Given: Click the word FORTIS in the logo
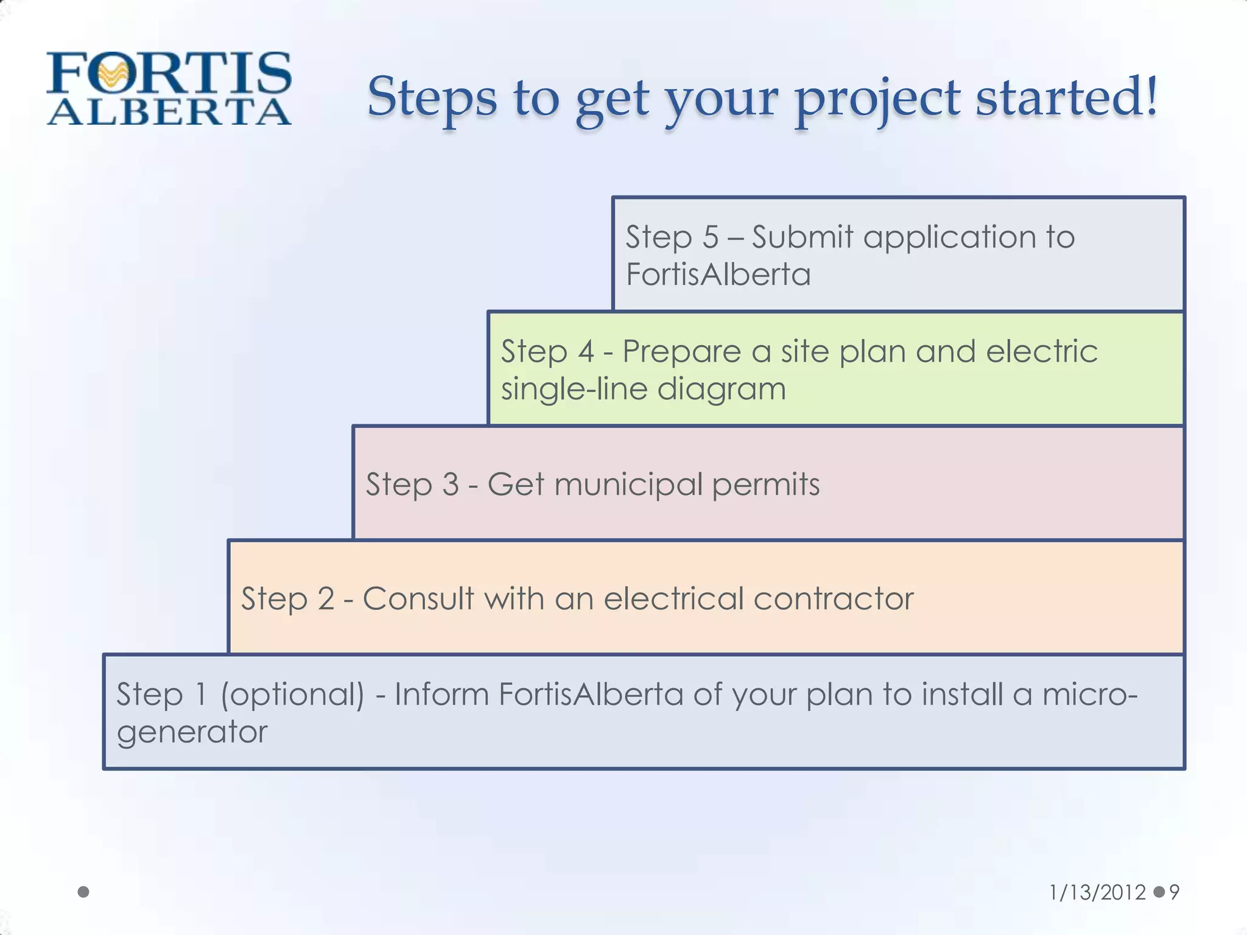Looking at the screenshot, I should tap(169, 73).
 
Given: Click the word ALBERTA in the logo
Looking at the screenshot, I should tap(169, 113).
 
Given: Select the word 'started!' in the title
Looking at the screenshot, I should tap(1066, 97).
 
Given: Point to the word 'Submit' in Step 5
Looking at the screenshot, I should tap(802, 237).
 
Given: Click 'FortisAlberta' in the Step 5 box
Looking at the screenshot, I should tap(718, 274).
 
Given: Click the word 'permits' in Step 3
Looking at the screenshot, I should tap(765, 485).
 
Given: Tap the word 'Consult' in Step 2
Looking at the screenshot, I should tap(418, 598).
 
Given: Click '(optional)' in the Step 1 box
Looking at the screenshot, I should tap(292, 695).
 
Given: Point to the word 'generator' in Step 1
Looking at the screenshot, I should tap(192, 732).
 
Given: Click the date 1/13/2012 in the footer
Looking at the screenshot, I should tap(1097, 892).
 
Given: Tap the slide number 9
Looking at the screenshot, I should tap(1175, 892).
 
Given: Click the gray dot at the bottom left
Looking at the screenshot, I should tap(84, 892).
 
